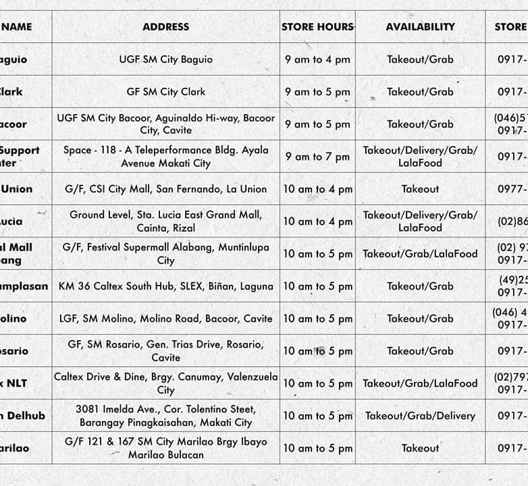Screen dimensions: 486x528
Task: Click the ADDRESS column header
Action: pyautogui.click(x=165, y=27)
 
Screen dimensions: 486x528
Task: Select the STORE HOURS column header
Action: pyautogui.click(x=317, y=27)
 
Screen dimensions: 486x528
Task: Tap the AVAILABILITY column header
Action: pyautogui.click(x=420, y=27)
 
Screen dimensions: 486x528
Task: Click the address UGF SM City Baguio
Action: pyautogui.click(x=165, y=59)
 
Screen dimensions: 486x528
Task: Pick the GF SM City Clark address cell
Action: pyautogui.click(x=165, y=92)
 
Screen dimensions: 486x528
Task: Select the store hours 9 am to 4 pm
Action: pyautogui.click(x=317, y=59)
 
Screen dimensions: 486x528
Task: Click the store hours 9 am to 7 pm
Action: pyautogui.click(x=317, y=157)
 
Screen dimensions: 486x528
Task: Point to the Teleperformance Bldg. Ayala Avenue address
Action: pyautogui.click(x=165, y=157)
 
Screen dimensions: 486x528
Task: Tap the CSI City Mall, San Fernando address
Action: pyautogui.click(x=165, y=189)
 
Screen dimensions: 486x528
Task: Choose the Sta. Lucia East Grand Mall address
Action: pyautogui.click(x=165, y=221)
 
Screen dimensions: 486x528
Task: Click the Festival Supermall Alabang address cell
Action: pyautogui.click(x=165, y=254)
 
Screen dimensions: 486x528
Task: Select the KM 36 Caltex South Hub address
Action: pyautogui.click(x=165, y=286)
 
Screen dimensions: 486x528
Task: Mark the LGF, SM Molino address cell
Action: pyautogui.click(x=165, y=319)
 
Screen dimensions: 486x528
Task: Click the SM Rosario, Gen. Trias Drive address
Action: pyautogui.click(x=165, y=351)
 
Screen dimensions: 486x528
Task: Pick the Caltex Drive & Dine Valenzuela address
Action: pyautogui.click(x=165, y=383)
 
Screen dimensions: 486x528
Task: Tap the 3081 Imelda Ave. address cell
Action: pyautogui.click(x=165, y=416)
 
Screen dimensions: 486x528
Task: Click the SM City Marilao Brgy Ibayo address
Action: pyautogui.click(x=165, y=448)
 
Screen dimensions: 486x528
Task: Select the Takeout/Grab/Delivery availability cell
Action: pyautogui.click(x=420, y=416)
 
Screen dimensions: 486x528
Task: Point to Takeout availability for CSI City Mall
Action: pyautogui.click(x=420, y=189)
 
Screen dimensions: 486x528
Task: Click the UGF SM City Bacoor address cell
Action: pyautogui.click(x=165, y=124)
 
